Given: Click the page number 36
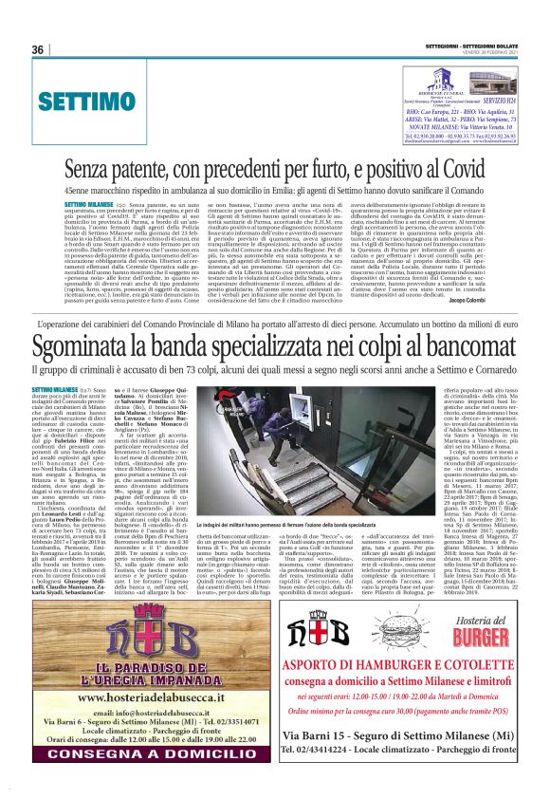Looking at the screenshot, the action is (x=39, y=50).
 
